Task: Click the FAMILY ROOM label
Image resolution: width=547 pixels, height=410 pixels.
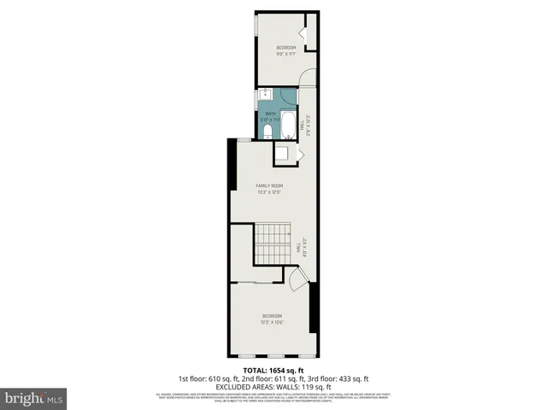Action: pyautogui.click(x=270, y=185)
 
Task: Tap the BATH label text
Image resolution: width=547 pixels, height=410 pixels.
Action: pyautogui.click(x=270, y=113)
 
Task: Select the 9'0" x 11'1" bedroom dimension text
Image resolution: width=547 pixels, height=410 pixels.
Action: pyautogui.click(x=285, y=54)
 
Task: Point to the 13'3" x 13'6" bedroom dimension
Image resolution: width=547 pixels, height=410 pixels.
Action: pyautogui.click(x=271, y=322)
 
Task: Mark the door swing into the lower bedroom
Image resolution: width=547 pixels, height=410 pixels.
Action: pyautogui.click(x=295, y=278)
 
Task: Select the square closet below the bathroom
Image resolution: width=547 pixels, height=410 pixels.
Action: pyautogui.click(x=281, y=155)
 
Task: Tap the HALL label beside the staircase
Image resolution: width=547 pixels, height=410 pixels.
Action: pyautogui.click(x=297, y=250)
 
